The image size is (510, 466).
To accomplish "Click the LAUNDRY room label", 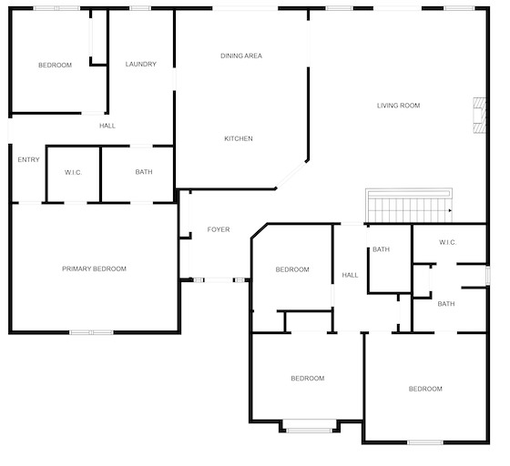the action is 141,64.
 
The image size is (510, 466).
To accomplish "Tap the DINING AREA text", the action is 241,56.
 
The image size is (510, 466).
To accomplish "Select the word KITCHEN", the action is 239,138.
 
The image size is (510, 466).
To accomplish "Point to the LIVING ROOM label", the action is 399,106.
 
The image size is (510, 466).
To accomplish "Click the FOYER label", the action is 219,229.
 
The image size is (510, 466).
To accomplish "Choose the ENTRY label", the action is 28,159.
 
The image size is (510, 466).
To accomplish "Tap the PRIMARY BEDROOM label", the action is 94,268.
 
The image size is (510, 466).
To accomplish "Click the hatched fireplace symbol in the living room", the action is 479,115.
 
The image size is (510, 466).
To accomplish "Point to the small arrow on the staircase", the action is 450,210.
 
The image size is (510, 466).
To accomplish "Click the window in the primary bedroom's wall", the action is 92,332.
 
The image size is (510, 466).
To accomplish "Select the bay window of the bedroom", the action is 309,431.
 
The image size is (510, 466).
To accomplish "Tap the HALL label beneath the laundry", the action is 107,126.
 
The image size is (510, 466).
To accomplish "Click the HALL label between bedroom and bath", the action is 350,275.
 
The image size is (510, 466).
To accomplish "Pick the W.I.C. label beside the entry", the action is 73,172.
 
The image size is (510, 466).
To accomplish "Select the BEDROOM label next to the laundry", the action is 55,65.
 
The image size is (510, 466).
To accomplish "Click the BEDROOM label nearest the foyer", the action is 292,269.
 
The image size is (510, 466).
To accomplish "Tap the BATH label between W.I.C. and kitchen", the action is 144,172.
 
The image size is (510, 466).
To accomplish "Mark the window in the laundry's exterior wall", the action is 140,8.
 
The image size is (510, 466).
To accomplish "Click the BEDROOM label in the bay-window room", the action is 308,379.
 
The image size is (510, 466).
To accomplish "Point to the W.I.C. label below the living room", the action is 448,242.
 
